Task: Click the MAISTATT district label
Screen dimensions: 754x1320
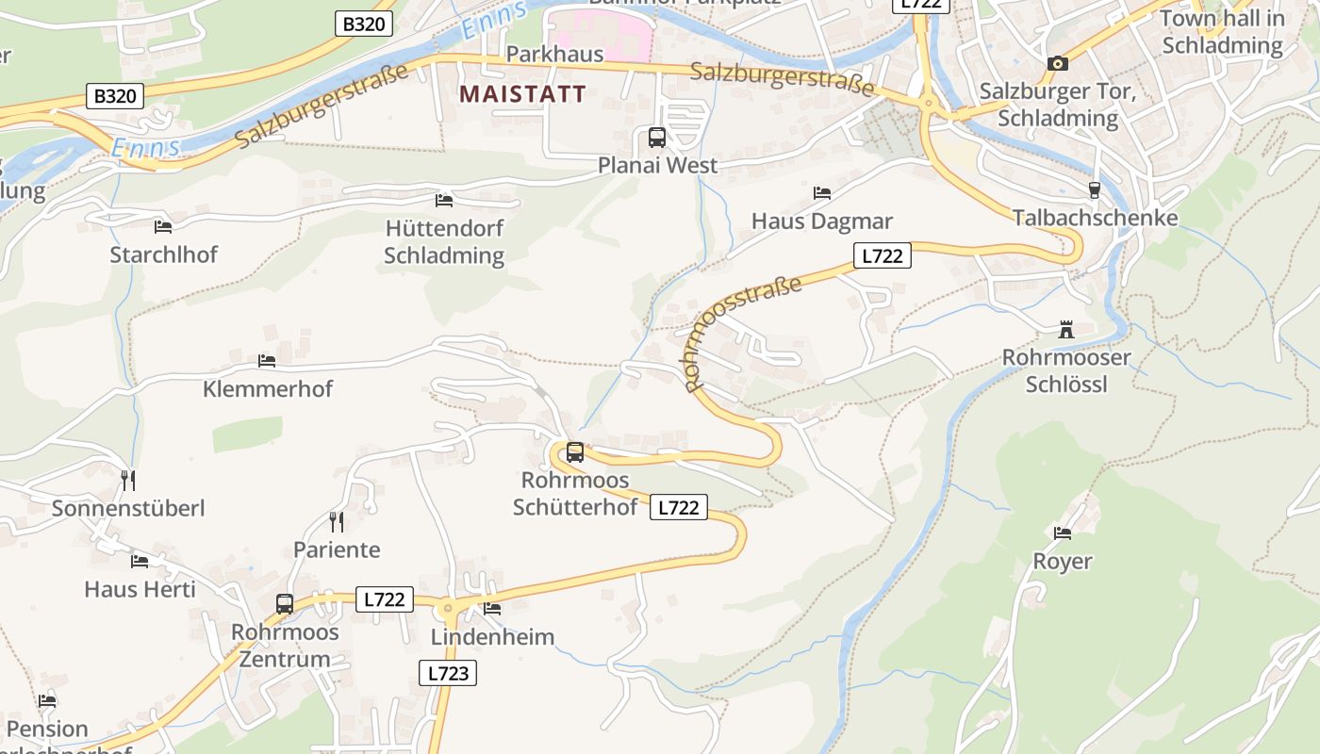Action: click(522, 94)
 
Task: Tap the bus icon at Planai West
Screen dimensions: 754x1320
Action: click(657, 138)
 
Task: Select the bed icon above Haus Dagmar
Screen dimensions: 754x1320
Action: click(822, 193)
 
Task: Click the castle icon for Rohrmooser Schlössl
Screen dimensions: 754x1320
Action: click(1066, 330)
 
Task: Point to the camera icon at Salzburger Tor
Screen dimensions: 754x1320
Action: click(1058, 63)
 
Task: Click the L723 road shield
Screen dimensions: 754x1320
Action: click(447, 673)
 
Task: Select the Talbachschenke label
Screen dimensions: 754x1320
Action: click(1095, 218)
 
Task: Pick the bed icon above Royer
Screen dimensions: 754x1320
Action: click(1063, 533)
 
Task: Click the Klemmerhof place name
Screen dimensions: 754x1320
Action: click(268, 388)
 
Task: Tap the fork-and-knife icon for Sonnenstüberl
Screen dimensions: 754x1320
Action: click(128, 481)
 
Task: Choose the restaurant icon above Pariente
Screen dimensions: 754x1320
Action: click(337, 521)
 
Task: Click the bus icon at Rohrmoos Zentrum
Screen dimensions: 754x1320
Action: click(284, 604)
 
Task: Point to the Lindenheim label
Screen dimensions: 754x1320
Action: click(492, 636)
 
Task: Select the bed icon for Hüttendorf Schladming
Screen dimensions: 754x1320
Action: click(444, 201)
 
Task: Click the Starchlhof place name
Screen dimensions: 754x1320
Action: click(163, 254)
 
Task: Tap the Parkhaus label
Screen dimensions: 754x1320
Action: click(554, 54)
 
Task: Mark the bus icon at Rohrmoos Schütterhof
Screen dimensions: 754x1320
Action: click(575, 452)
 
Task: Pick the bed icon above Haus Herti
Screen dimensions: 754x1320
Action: click(140, 562)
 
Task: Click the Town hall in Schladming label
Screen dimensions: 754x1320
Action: click(1222, 31)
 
